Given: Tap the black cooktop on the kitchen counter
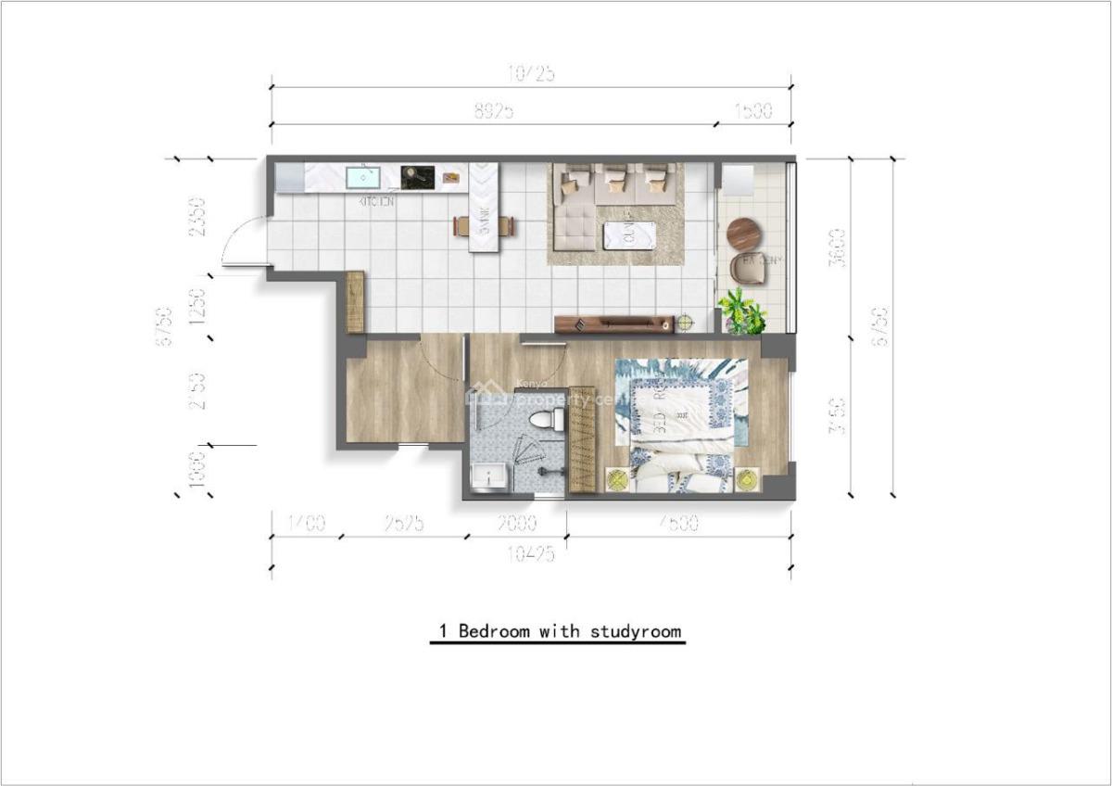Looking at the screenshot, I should pyautogui.click(x=417, y=176).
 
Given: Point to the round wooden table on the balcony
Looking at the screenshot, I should pyautogui.click(x=743, y=233).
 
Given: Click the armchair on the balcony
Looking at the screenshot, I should pyautogui.click(x=747, y=269).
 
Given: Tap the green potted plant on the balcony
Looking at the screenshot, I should pyautogui.click(x=742, y=312).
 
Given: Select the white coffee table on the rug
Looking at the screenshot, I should pyautogui.click(x=630, y=235).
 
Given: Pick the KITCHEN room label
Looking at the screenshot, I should pyautogui.click(x=376, y=200).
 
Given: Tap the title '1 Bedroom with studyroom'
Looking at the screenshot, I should pyautogui.click(x=559, y=631).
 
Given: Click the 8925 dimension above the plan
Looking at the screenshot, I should pyautogui.click(x=494, y=111).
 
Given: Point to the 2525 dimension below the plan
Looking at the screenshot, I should pyautogui.click(x=404, y=524).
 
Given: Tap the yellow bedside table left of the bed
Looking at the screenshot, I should pyautogui.click(x=617, y=479).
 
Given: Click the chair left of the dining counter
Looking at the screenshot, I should pyautogui.click(x=461, y=226).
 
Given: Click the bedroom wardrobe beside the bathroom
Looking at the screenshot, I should pyautogui.click(x=581, y=438).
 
